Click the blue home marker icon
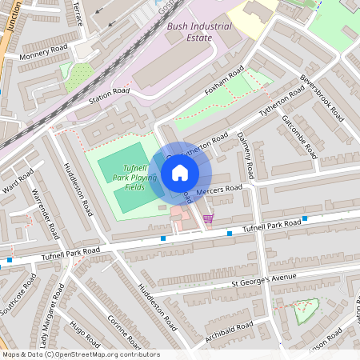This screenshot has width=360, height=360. click(180, 172)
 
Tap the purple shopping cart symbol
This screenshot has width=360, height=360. click(208, 218)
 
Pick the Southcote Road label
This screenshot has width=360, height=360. click(19, 294)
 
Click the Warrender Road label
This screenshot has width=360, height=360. click(46, 213)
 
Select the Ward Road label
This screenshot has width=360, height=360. click(18, 182)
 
